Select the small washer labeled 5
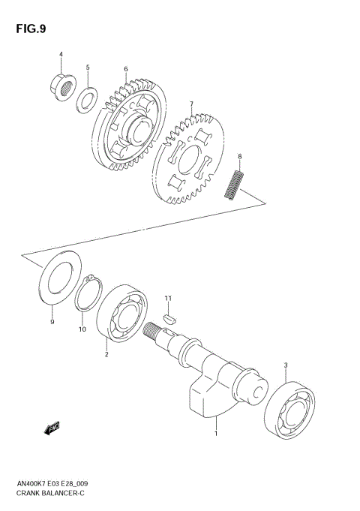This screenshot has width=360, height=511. pos(88,98)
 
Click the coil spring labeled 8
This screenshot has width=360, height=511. pos(235,185)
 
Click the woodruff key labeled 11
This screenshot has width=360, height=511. pos(169,317)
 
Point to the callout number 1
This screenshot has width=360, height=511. pos(216,433)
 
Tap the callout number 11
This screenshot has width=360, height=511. pos(169,299)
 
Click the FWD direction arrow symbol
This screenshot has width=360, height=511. pos(52,428)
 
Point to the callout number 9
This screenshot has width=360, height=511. pos(52,322)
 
